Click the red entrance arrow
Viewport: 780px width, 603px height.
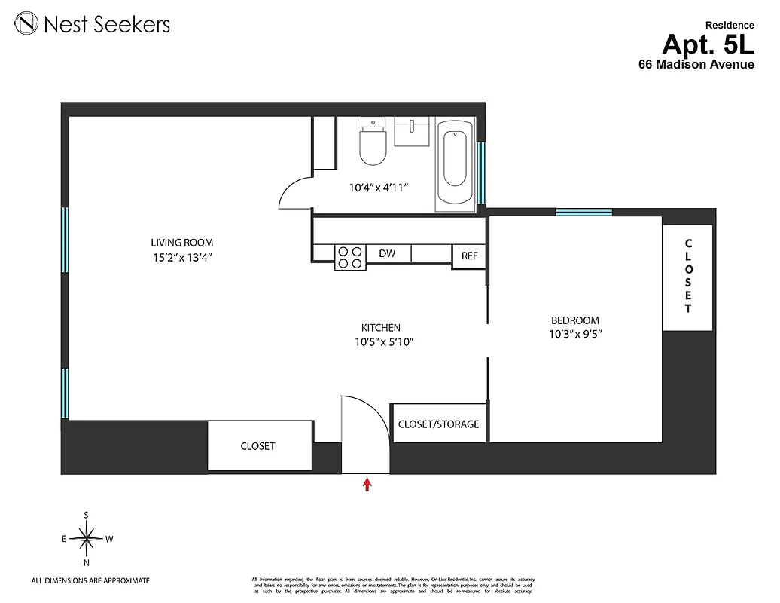pos(367,484)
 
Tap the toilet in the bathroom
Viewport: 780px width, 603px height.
pos(373,145)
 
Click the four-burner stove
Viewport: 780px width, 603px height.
pos(349,257)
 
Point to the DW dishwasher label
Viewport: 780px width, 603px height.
pos(387,255)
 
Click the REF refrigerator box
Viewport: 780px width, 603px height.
pos(469,256)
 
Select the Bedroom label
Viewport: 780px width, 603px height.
pos(574,320)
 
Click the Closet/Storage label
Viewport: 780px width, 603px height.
pos(438,424)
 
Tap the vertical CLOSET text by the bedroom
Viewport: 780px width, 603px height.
pos(687,276)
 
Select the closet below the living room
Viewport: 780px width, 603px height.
pos(258,446)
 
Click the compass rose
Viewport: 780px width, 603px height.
pos(87,538)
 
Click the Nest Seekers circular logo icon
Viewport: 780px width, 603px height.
pos(28,24)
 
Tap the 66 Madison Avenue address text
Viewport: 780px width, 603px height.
pos(696,65)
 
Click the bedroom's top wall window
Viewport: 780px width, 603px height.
pos(583,212)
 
